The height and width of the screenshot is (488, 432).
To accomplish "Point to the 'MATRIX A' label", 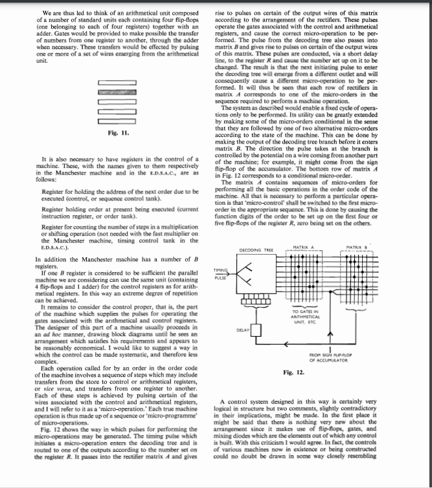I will pyautogui.click(x=312, y=246).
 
